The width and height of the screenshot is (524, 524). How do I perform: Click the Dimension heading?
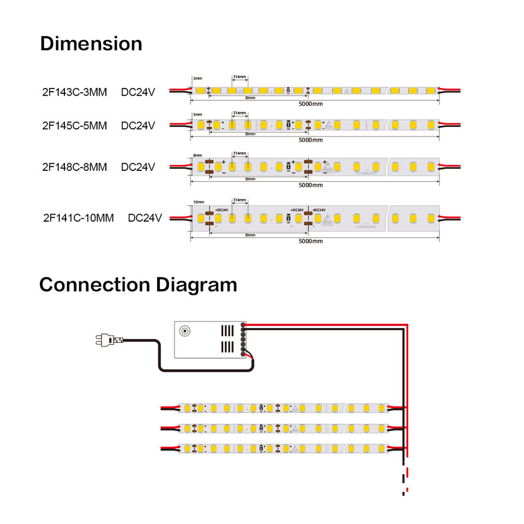coord(91,44)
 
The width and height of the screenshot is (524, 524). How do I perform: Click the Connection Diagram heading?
coord(138,284)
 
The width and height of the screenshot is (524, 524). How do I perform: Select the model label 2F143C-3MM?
coord(74,92)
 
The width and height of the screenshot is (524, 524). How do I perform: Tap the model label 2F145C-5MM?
coord(74,126)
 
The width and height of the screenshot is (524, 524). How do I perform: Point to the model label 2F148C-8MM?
coord(74,166)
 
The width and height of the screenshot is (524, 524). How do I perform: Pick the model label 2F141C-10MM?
coord(78,218)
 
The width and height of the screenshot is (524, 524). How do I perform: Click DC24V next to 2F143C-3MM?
coord(138,92)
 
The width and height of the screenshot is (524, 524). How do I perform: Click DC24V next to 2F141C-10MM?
coord(145,218)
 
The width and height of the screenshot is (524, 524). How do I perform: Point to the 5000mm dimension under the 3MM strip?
coord(311,103)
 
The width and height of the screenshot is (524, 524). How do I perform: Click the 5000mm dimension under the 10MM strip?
coord(311,241)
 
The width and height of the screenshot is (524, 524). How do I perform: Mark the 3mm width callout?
coord(197,79)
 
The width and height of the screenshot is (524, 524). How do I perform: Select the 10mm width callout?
coord(199,203)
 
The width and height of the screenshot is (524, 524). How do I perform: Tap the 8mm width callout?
coord(198,155)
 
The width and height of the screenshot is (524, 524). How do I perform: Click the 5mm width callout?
coord(198,115)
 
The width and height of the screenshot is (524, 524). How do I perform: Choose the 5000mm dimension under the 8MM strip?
coord(311,185)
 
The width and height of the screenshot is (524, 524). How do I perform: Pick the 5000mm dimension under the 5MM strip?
coord(311,140)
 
